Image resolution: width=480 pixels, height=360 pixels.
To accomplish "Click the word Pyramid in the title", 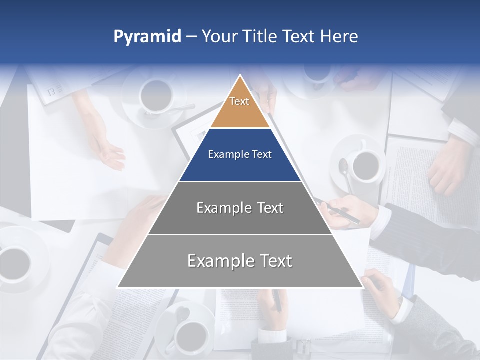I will pyautogui.click(x=147, y=37).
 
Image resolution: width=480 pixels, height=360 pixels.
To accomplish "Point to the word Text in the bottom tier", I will pyautogui.click(x=272, y=261).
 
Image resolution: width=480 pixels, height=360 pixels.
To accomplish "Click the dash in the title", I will pyautogui.click(x=191, y=37).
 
